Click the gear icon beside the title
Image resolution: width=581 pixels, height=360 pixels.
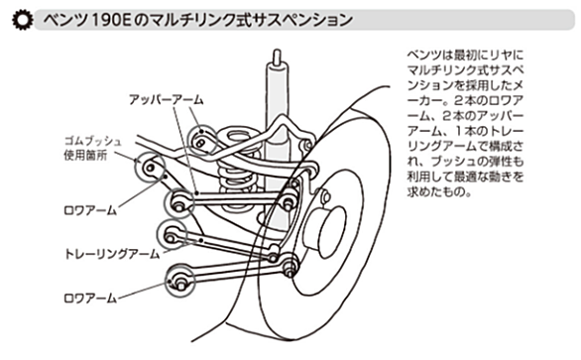click(x=22, y=20)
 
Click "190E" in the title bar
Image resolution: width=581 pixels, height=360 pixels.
click(x=110, y=20)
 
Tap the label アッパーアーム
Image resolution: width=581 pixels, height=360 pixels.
click(x=167, y=99)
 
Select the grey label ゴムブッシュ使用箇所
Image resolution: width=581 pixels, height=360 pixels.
click(x=92, y=149)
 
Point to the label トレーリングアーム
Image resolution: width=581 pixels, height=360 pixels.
click(x=112, y=254)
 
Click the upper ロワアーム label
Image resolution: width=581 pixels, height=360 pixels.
click(x=90, y=210)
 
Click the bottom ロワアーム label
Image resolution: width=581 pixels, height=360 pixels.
click(x=90, y=299)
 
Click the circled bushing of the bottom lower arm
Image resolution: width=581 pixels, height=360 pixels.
click(x=179, y=281)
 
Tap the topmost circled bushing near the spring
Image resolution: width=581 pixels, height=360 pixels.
click(x=201, y=140)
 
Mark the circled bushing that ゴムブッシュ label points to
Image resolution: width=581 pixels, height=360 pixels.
click(x=150, y=168)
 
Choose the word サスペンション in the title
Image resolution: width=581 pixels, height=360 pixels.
click(x=300, y=20)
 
